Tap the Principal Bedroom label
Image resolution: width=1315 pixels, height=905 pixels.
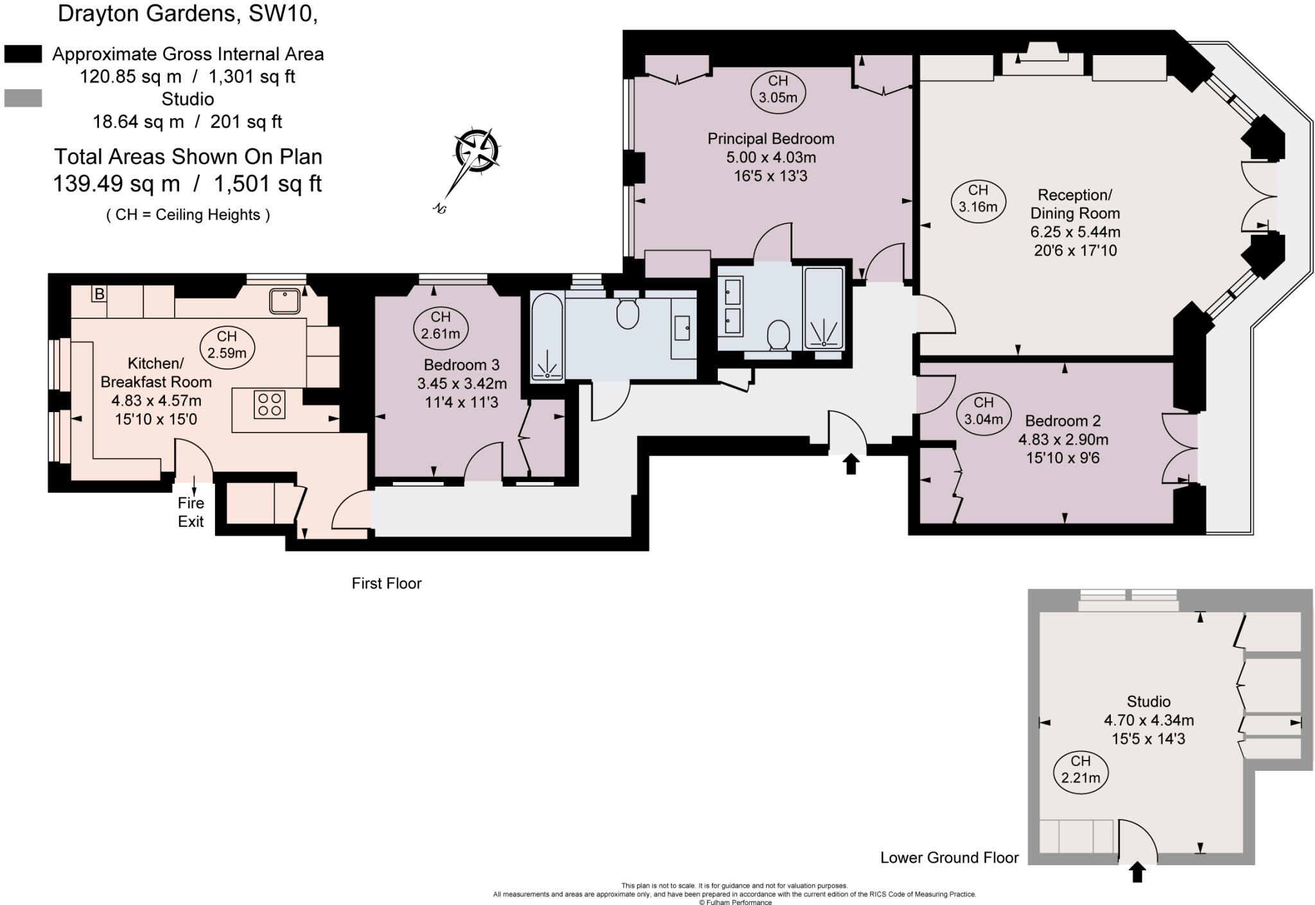771,139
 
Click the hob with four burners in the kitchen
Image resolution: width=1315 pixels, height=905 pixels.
269,404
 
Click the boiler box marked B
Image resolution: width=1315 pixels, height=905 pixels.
99,294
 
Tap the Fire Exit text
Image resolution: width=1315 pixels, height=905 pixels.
191,512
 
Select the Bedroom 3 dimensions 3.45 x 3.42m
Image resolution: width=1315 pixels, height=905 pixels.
462,384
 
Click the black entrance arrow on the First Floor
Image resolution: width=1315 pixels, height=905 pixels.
851,463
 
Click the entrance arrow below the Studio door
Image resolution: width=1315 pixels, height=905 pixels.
1137,872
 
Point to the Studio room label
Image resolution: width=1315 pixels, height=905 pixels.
1148,702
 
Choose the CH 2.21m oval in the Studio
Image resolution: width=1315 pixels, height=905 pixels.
1081,769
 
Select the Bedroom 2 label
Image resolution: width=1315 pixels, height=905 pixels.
1063,421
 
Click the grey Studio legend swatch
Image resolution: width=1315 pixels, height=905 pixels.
23,98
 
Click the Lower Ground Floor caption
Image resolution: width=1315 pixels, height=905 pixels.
949,858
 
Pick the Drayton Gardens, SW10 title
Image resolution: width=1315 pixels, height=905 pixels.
187,13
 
